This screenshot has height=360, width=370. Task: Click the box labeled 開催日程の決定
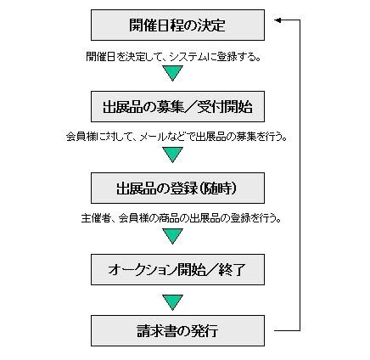[x=177, y=25]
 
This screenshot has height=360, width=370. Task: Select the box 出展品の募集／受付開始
[x=177, y=106]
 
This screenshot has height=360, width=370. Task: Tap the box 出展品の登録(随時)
[x=177, y=188]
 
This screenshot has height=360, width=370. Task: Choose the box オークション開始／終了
[x=177, y=269]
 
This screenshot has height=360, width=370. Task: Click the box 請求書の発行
[x=177, y=330]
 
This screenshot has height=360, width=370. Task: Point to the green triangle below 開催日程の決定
[x=173, y=73]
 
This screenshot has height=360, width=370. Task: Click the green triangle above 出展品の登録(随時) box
[x=173, y=155]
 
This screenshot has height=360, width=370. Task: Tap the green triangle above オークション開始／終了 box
[x=173, y=236]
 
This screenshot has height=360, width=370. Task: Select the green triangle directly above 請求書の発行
[x=173, y=302]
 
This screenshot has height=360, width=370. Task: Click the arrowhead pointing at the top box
[x=277, y=20]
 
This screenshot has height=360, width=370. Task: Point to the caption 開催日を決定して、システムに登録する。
[x=173, y=57]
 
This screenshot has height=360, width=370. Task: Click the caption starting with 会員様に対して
[x=177, y=137]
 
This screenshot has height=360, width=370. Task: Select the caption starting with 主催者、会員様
[x=181, y=218]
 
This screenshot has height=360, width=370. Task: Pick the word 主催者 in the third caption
[x=95, y=218]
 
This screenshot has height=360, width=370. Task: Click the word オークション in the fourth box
[x=142, y=270]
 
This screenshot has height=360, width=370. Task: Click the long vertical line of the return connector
[x=300, y=175]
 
